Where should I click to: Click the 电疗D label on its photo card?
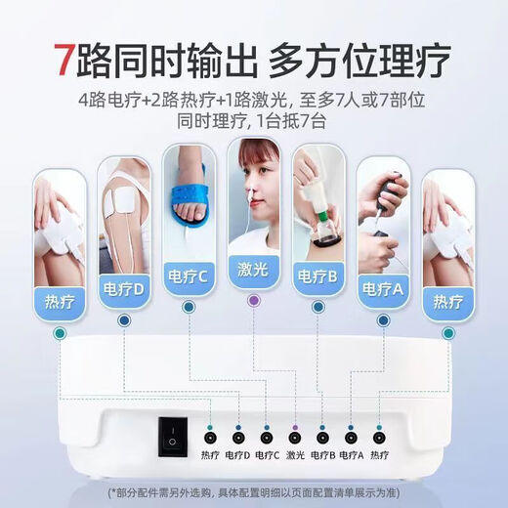point(124,290)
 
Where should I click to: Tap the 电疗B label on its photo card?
point(317,275)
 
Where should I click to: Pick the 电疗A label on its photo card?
point(383,289)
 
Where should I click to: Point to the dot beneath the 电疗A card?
point(383,319)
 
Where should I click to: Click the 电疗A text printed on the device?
point(352,455)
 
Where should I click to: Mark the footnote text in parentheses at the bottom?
point(254,490)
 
